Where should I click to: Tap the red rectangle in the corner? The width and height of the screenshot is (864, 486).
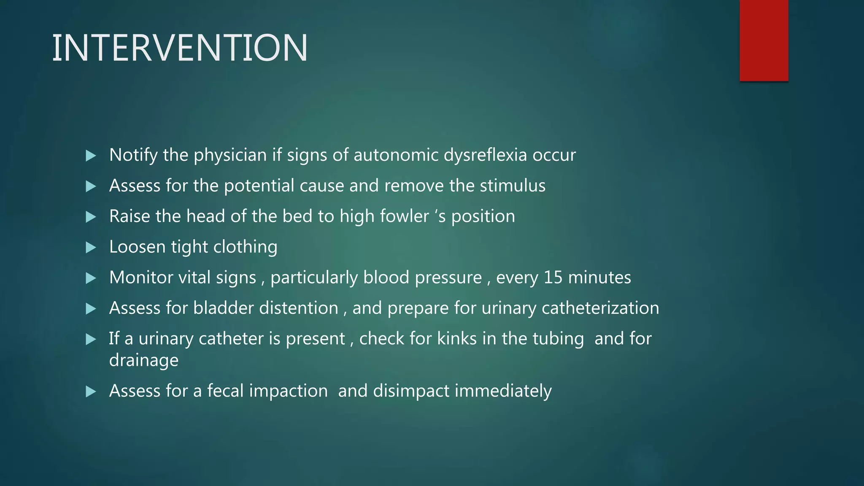(x=764, y=40)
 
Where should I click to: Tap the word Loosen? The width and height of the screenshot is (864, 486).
(x=137, y=247)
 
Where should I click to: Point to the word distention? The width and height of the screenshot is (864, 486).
(x=299, y=308)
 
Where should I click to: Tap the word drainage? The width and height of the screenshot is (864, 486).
(x=143, y=361)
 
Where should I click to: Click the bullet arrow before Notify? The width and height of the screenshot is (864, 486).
(x=91, y=156)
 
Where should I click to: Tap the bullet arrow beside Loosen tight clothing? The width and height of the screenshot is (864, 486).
(x=91, y=247)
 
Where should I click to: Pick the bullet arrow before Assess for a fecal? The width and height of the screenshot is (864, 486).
(x=91, y=391)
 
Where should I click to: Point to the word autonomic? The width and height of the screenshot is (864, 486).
(x=396, y=155)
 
